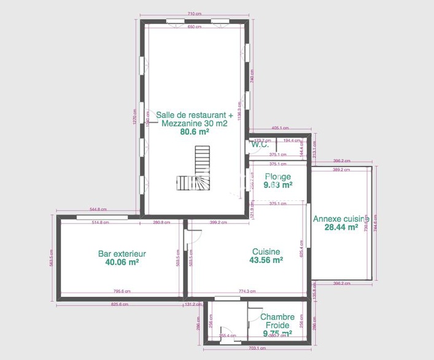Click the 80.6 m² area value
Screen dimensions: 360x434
tap(195, 131)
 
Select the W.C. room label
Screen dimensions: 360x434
tap(259, 145)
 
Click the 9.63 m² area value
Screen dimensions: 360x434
tap(277, 184)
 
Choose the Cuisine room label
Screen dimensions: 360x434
tap(266, 252)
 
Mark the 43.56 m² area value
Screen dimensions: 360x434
tap(266, 260)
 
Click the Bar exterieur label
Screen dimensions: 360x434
tap(122, 253)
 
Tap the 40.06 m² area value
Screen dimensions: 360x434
tap(122, 262)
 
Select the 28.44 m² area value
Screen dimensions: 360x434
tap(341, 227)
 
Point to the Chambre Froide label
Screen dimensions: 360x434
tap(277, 321)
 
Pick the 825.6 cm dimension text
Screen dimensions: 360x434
tap(120, 304)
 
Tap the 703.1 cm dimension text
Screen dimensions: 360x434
tap(257, 348)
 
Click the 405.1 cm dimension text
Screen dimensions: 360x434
tap(280, 128)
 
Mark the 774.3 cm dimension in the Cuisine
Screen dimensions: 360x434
tap(247, 291)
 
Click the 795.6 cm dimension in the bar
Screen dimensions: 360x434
tap(122, 291)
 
